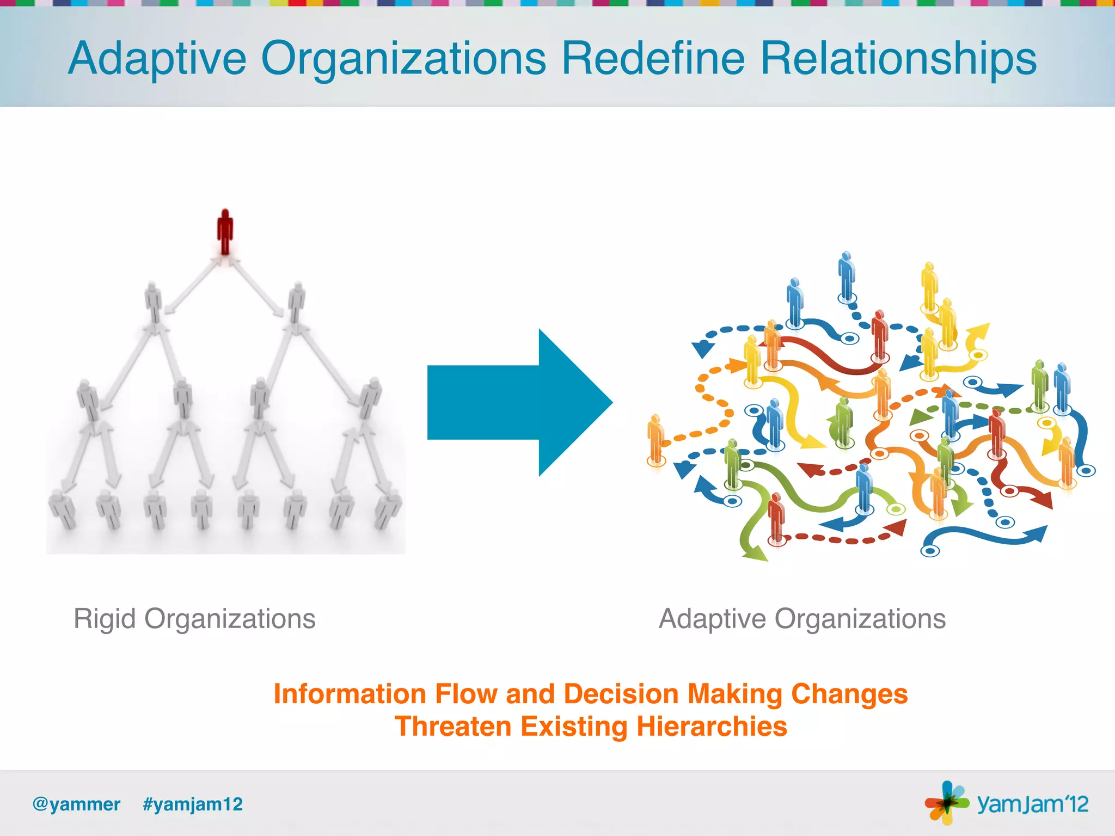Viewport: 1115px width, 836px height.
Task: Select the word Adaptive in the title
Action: tap(157, 59)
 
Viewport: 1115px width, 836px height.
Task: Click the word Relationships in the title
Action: tap(898, 59)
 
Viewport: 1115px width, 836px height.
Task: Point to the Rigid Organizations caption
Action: tap(194, 619)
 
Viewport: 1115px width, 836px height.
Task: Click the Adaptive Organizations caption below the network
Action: tap(802, 619)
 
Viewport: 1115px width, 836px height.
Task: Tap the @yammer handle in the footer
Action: tap(76, 804)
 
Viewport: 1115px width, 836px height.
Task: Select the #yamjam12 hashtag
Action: tap(193, 804)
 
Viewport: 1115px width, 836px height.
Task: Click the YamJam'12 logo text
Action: tap(1032, 804)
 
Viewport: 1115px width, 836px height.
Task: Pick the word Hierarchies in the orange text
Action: tap(712, 727)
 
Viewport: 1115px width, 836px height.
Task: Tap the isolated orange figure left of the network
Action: tap(656, 440)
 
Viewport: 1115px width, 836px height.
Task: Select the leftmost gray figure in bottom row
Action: tap(63, 509)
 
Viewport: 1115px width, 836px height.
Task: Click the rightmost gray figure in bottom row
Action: tap(389, 509)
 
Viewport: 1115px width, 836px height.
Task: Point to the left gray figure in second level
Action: tap(154, 302)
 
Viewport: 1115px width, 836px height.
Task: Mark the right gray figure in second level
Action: tap(297, 302)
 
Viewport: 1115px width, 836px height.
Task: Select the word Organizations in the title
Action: tap(403, 59)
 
